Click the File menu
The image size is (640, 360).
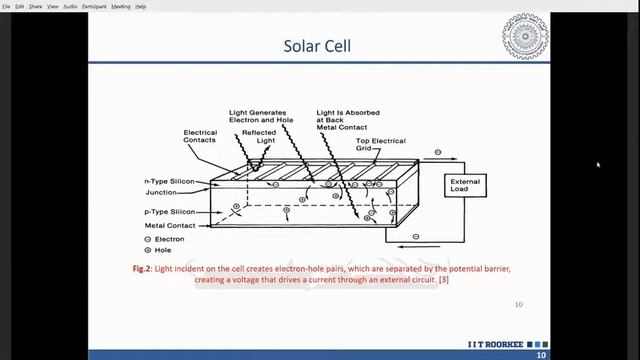click(6, 6)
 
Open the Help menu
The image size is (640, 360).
click(141, 6)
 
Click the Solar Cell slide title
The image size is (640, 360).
click(317, 46)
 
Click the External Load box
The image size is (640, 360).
click(465, 186)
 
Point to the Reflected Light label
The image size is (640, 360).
click(258, 138)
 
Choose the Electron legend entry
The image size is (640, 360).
click(165, 240)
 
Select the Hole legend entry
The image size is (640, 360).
click(160, 250)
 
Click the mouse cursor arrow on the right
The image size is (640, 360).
click(598, 165)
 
